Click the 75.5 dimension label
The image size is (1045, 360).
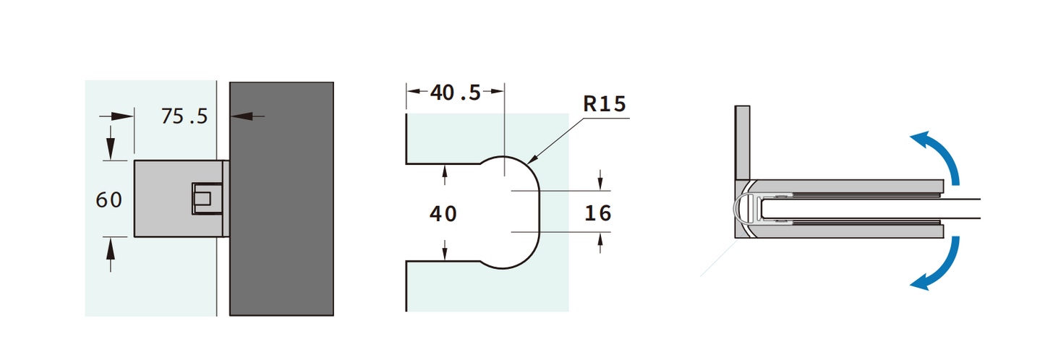[x=184, y=116]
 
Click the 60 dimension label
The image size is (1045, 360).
[x=109, y=200]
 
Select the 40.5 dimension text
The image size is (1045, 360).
[x=455, y=93]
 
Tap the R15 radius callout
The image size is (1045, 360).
[x=604, y=104]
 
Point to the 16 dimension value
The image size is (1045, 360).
[x=597, y=213]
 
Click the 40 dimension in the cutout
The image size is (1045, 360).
[x=443, y=214]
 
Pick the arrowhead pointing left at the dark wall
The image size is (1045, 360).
[x=239, y=115]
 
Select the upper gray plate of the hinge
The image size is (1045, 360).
[x=853, y=186]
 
